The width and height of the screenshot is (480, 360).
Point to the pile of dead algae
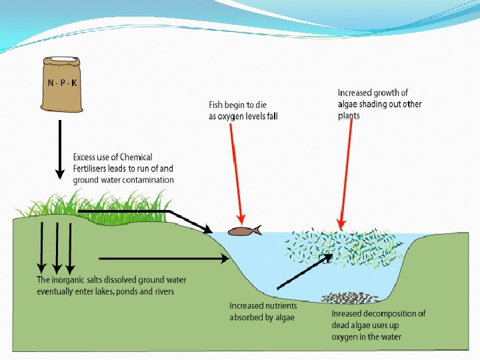pos(350,297)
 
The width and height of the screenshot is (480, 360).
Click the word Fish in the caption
pos(217,105)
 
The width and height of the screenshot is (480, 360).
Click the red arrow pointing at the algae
pos(346,173)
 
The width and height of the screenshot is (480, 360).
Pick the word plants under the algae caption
pos(349,115)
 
